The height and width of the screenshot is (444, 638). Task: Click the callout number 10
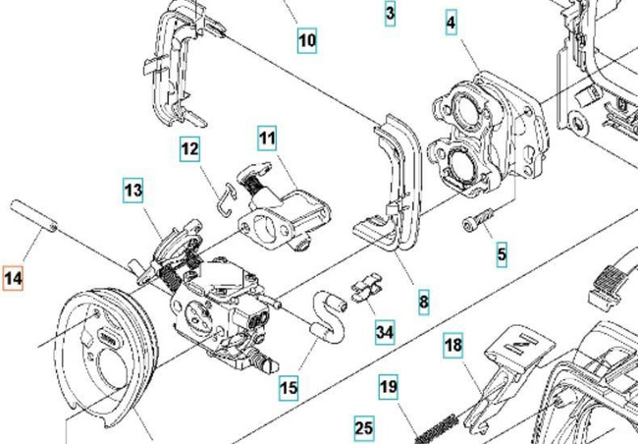(x=306, y=40)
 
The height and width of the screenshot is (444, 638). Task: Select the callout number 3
(x=390, y=14)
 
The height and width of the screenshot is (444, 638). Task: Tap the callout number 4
(x=451, y=23)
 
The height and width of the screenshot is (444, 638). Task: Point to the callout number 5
(x=502, y=254)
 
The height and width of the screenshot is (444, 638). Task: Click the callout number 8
(x=423, y=302)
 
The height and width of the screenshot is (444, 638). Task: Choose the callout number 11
(x=267, y=139)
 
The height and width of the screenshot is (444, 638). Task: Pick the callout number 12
(x=189, y=150)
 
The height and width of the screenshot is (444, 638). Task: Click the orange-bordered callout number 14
(x=13, y=278)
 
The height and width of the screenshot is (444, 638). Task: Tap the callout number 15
(x=288, y=388)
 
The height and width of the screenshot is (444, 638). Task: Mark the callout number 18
(x=452, y=347)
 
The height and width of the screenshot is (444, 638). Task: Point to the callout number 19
(x=389, y=387)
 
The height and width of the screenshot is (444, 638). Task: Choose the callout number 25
(x=364, y=428)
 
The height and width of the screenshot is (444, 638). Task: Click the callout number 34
(x=385, y=332)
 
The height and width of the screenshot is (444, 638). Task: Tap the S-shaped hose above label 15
(x=325, y=314)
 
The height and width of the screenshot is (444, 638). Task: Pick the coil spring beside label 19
(x=436, y=428)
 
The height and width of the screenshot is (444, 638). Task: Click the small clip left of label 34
(x=363, y=292)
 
